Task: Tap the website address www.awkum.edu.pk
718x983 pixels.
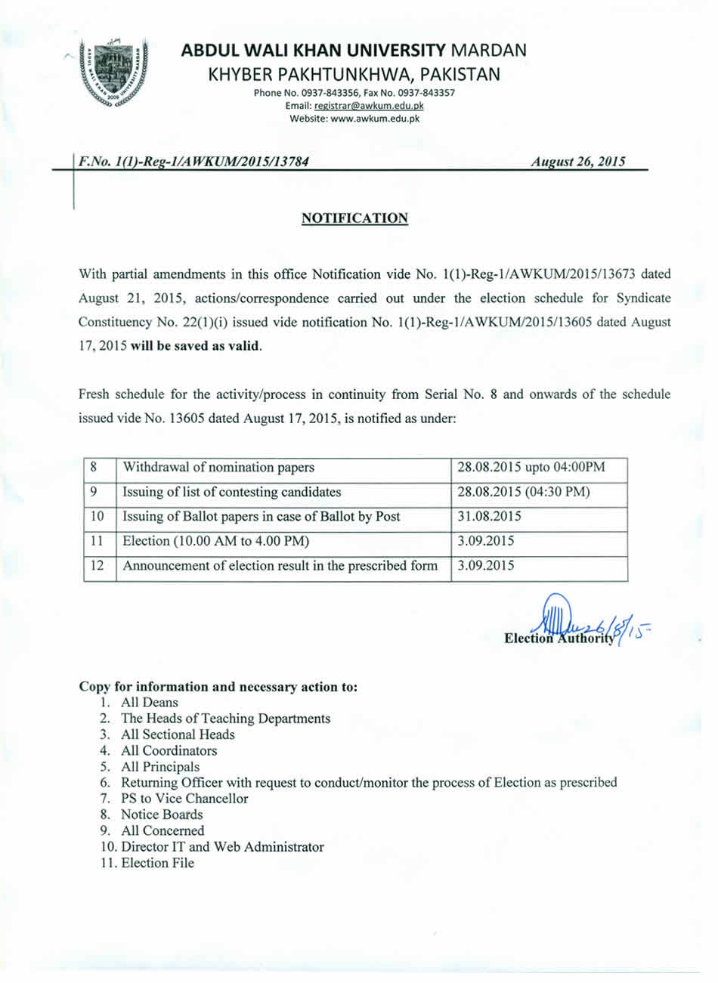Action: [x=366, y=119]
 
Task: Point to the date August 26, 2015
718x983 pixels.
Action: [x=577, y=161]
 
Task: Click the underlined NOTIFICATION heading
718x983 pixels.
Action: [x=354, y=218]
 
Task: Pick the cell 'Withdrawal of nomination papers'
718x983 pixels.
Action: [x=218, y=468]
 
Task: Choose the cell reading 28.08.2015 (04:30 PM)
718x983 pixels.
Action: [x=524, y=492]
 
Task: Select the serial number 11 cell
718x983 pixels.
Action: [x=97, y=541]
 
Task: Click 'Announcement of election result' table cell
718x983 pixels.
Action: [x=280, y=566]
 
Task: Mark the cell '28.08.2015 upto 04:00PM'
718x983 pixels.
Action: [x=531, y=468]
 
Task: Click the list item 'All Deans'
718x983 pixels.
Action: [x=150, y=703]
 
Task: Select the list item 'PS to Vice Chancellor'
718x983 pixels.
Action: [x=184, y=799]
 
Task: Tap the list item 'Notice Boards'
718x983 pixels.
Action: [x=162, y=815]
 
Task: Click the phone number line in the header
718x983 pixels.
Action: [x=354, y=93]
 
